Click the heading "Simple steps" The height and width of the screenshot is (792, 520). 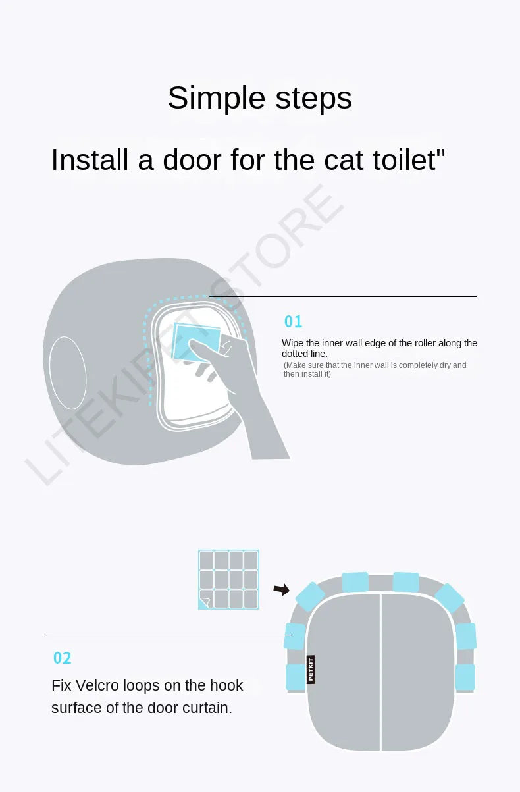click(260, 98)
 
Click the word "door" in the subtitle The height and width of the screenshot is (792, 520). click(192, 160)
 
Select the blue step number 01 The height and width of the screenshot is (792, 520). click(293, 321)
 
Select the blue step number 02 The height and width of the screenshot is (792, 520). click(63, 658)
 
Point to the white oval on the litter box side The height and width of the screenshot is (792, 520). click(68, 373)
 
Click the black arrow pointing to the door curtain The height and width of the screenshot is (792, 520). click(281, 589)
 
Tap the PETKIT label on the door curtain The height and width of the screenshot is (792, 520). click(311, 670)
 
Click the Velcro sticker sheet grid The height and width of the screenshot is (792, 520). click(228, 579)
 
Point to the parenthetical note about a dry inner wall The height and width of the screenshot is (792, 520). click(375, 369)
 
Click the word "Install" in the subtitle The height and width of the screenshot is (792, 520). click(90, 160)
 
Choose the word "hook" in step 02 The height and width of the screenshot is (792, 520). click(226, 685)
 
